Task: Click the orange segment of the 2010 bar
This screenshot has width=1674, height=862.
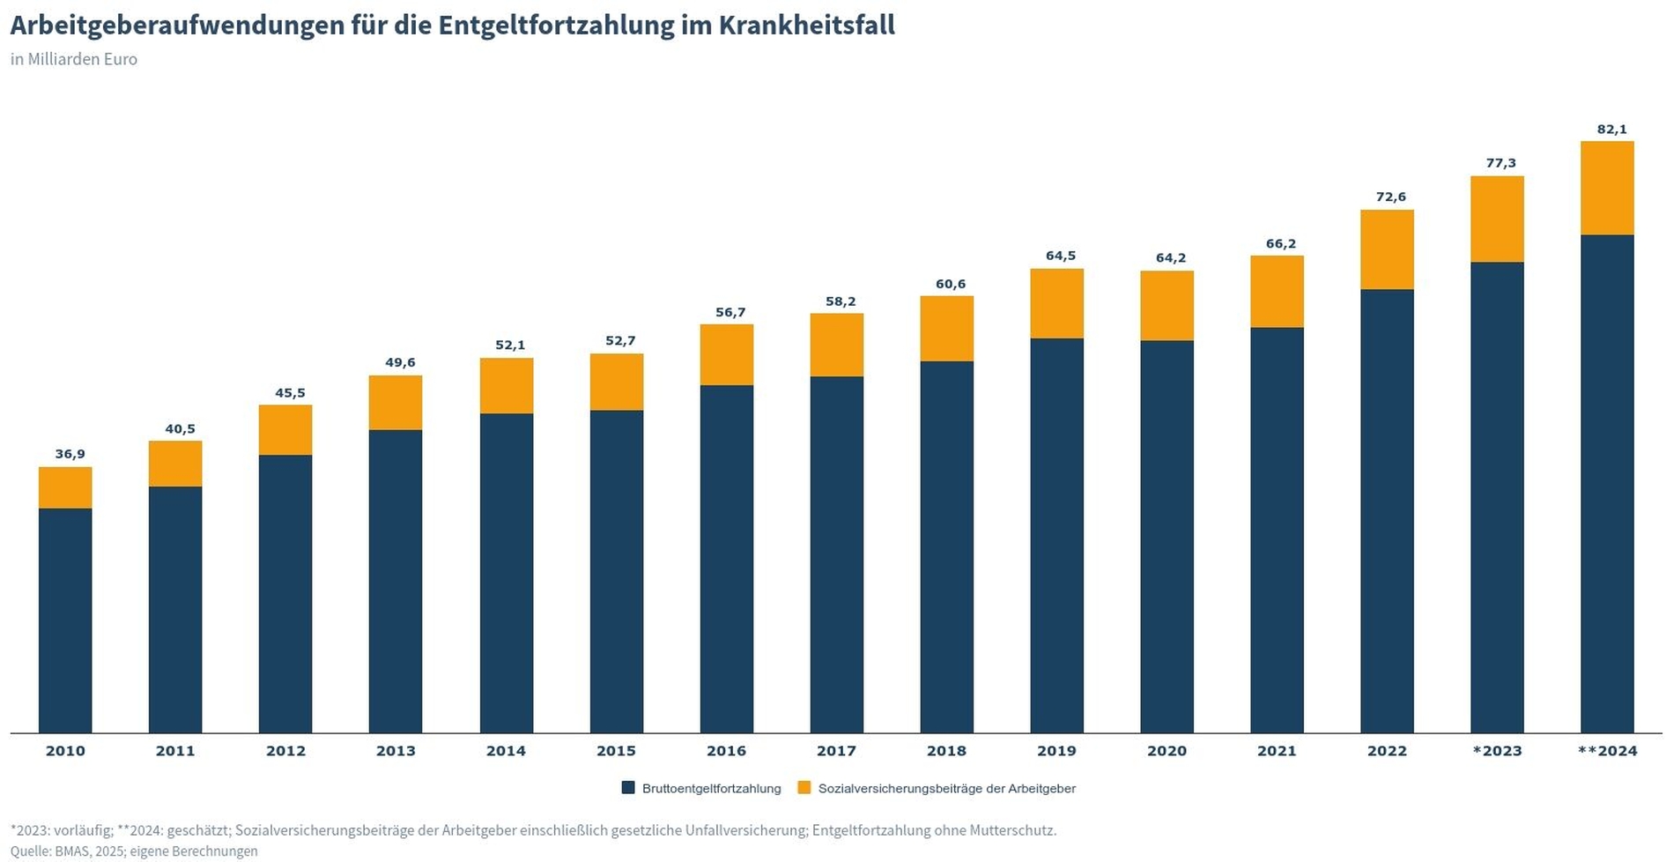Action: click(x=65, y=487)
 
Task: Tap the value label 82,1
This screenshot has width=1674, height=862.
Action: click(x=1611, y=130)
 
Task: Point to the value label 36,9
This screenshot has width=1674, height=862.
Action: click(x=70, y=455)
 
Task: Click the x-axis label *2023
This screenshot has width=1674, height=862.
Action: click(x=1497, y=752)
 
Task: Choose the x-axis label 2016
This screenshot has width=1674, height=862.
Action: click(x=726, y=752)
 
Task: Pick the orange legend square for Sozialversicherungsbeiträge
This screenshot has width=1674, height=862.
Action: click(x=804, y=788)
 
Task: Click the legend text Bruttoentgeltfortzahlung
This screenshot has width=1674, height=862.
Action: click(x=711, y=789)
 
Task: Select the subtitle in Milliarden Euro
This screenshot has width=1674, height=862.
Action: click(x=74, y=60)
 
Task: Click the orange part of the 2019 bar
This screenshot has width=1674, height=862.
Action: click(x=1056, y=303)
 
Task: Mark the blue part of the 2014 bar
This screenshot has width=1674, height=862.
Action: click(x=507, y=573)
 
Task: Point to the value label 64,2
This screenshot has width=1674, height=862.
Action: click(x=1171, y=258)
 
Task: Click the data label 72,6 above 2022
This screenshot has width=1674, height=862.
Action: click(x=1390, y=197)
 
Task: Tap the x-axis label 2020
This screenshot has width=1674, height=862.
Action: click(x=1167, y=752)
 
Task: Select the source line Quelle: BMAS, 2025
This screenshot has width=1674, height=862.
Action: click(x=134, y=851)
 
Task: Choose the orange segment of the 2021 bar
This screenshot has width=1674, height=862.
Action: click(x=1277, y=292)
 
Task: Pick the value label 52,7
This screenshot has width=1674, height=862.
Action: click(x=620, y=341)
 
